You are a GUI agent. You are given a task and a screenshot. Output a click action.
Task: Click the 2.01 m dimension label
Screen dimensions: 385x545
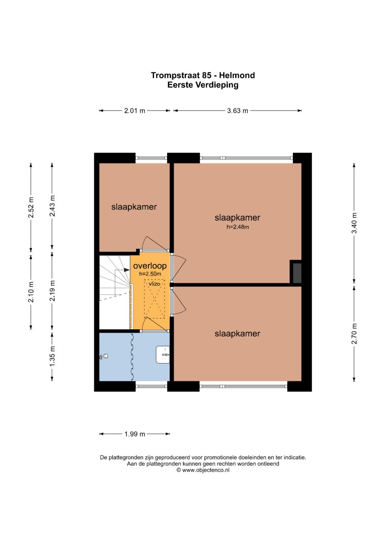coord(135,111)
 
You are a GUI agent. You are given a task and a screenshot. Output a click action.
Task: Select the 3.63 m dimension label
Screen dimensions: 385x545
coord(237,111)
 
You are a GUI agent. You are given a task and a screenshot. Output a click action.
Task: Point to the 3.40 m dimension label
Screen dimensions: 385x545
coord(354,223)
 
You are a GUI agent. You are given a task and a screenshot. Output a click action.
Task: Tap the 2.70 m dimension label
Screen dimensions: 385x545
coord(354,334)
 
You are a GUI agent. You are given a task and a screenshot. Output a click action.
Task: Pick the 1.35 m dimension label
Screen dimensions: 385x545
coord(52,356)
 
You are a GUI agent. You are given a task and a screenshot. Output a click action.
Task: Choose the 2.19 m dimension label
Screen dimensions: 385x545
coord(52,291)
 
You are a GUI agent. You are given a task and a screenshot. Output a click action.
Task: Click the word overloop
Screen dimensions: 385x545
coord(150,266)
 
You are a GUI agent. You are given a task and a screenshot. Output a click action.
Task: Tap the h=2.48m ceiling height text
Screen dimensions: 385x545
coord(238,227)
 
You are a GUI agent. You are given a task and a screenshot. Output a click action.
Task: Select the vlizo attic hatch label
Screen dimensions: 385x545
coord(155,284)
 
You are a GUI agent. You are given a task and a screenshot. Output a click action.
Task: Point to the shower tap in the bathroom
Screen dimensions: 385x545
coord(103,357)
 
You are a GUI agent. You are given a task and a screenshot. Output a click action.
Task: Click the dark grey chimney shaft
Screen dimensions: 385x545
coord(297,273)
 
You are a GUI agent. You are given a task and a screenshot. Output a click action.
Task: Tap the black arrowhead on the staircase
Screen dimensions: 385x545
coord(127,270)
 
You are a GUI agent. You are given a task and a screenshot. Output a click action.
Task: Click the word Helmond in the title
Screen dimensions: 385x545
coord(237,75)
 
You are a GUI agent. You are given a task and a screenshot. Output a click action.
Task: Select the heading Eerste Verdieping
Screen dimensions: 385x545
coord(203,85)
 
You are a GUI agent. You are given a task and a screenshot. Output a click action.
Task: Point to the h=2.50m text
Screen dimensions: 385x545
coord(150,274)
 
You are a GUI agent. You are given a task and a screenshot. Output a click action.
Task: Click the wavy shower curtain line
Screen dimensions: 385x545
coord(132,357)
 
